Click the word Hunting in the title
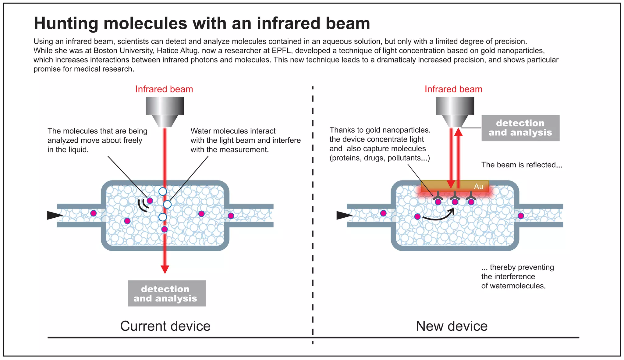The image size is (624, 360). coord(66,23)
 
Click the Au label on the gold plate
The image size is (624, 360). coord(479,187)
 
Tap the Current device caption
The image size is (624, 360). coord(165,326)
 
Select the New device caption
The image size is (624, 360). coord(452,326)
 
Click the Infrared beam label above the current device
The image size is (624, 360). coord(164,89)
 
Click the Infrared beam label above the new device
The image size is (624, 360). coord(453,89)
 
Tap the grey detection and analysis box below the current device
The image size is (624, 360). coord(167,293)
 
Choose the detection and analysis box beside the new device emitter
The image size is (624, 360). coord(520,128)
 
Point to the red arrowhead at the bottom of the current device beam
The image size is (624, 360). coord(165,269)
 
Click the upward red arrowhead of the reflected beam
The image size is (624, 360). coord(458,132)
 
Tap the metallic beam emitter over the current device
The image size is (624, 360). coord(165,110)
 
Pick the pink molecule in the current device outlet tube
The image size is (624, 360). coord(231,216)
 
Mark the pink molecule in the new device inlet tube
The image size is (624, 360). coord(383,213)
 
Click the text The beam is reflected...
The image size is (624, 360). coord(521,165)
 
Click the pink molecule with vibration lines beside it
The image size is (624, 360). coord(150,201)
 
